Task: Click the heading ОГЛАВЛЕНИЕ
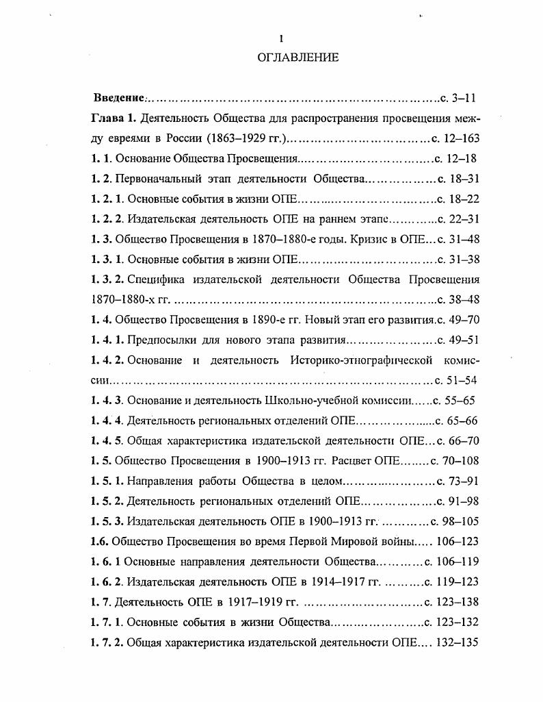click(x=297, y=58)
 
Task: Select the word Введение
click(x=118, y=98)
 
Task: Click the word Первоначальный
click(x=157, y=179)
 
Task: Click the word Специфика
click(x=150, y=279)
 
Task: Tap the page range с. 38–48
click(x=458, y=299)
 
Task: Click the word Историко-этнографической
click(x=361, y=360)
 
